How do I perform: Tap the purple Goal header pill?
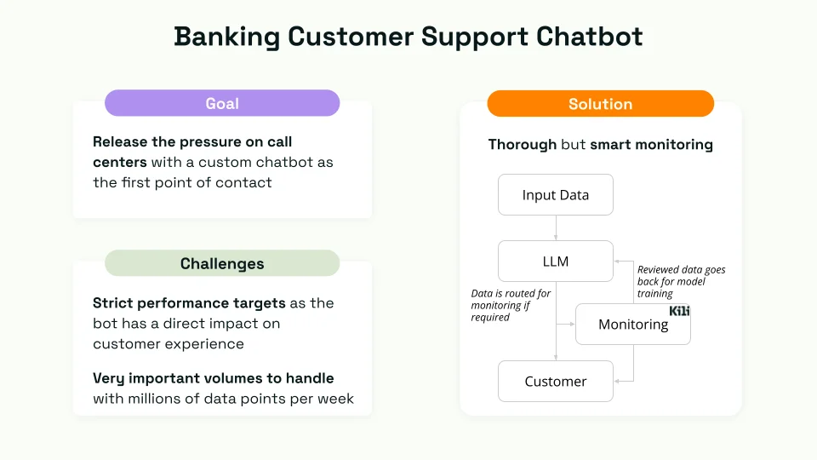click(222, 104)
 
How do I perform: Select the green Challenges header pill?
click(222, 263)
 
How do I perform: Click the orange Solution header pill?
click(600, 104)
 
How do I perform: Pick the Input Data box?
click(555, 195)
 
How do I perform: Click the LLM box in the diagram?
click(555, 262)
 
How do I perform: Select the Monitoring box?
click(632, 325)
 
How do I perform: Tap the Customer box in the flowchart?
click(555, 382)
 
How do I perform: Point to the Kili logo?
click(679, 311)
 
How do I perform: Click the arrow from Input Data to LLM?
click(556, 227)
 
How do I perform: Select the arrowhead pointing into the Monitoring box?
click(572, 325)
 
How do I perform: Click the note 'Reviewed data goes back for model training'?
click(681, 281)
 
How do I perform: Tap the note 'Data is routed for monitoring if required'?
click(511, 305)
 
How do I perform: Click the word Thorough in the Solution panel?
click(523, 145)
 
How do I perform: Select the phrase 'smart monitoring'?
click(651, 145)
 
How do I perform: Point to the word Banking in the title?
click(226, 37)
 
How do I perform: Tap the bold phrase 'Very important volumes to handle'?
click(213, 378)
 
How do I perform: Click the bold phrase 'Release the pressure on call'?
click(192, 141)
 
